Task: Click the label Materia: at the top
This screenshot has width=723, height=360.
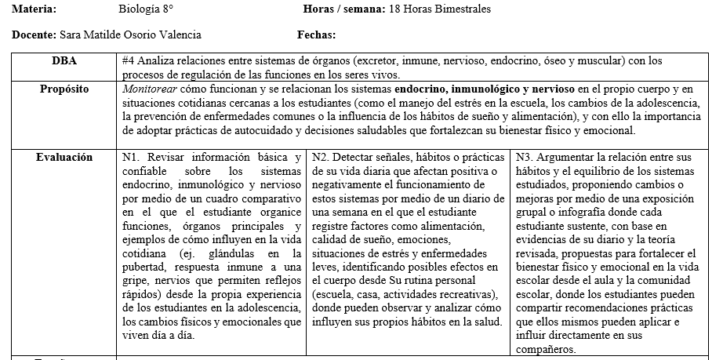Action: [35, 9]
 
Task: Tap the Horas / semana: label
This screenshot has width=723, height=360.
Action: [343, 9]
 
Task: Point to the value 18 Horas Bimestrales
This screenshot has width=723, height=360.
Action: [440, 9]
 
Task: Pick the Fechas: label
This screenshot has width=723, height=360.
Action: [317, 35]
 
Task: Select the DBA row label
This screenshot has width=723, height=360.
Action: [64, 60]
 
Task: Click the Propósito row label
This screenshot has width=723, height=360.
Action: [64, 89]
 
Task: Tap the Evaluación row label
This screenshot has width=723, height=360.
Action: [64, 157]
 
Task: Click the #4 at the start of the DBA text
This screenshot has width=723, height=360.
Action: [129, 60]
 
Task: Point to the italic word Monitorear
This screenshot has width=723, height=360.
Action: [149, 89]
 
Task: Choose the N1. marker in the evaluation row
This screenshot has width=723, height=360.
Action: [133, 157]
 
